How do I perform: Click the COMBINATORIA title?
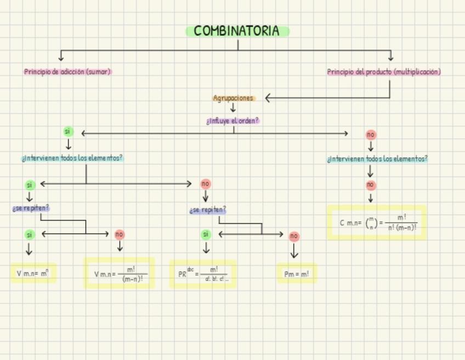(237, 31)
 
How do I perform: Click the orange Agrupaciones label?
(234, 98)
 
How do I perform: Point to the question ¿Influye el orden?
(233, 121)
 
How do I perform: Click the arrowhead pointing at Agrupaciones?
(268, 98)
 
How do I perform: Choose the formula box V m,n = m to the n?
(33, 273)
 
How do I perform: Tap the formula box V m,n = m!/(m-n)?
(119, 273)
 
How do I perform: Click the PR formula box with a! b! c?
(203, 273)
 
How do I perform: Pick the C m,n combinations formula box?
(377, 223)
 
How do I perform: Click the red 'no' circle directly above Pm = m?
(294, 237)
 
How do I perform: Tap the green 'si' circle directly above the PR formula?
(206, 234)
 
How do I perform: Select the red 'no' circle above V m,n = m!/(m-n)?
(120, 234)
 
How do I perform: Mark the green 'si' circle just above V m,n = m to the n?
(29, 234)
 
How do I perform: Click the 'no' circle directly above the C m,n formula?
(371, 185)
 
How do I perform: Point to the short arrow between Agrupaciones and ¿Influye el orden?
(233, 108)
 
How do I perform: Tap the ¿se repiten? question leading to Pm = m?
(208, 210)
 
